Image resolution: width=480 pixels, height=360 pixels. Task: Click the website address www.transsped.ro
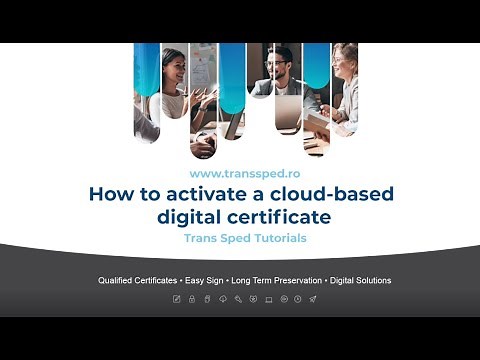click(239, 173)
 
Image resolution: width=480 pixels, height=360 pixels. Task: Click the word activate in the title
click(199, 194)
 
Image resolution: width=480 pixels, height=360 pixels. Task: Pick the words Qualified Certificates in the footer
click(138, 280)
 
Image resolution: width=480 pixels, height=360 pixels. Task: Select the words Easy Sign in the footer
click(205, 280)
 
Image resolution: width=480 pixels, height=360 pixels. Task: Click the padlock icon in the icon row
click(192, 299)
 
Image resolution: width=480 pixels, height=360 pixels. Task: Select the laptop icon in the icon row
click(268, 299)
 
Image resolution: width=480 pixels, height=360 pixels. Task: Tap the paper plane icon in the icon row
click(313, 299)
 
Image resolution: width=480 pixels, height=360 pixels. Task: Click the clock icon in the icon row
click(298, 299)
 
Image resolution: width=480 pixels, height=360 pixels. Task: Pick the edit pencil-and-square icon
click(177, 299)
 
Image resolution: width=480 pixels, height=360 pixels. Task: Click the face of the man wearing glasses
click(277, 66)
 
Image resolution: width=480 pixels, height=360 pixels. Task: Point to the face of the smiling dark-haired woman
click(173, 63)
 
